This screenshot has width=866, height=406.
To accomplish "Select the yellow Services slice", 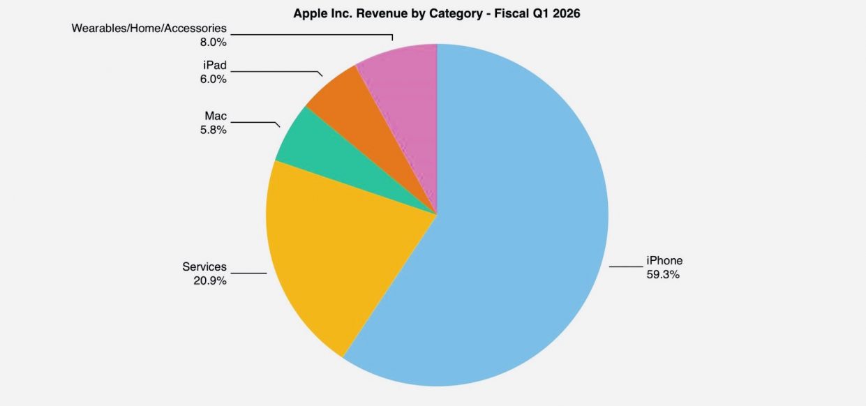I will coord(342,251).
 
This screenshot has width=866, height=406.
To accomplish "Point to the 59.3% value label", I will coord(663,275).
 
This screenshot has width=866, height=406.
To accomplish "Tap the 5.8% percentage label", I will coord(213,130).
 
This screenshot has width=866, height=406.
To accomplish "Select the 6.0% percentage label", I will coord(213,79).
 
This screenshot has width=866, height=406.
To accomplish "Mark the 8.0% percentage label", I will coord(213,43).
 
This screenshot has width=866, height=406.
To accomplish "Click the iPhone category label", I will coord(664,261).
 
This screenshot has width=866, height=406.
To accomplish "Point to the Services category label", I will coord(204,266).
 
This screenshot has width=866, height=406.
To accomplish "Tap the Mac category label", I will coord(216,116).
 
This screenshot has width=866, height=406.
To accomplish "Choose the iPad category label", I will coord(214,66).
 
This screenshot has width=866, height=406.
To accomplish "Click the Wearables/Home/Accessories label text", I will coord(149,29).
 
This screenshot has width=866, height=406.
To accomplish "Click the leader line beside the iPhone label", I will coord(625,266).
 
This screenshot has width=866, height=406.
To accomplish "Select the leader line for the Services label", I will coord(248,273).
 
